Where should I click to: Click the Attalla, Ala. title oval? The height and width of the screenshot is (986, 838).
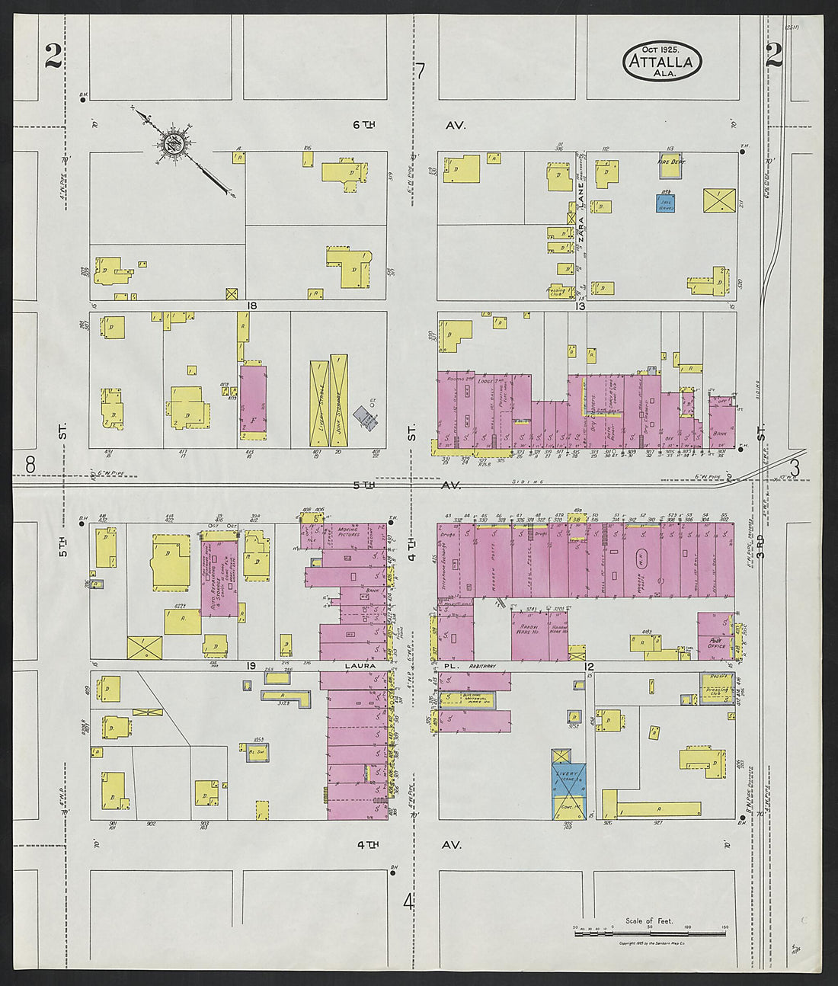662,61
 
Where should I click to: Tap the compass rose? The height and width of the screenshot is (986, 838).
174,144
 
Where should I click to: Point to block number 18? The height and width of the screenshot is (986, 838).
251,305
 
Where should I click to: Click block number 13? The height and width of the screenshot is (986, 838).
581,306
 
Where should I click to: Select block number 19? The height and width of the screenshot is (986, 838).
250,666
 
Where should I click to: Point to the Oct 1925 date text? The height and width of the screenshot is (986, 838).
660,48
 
